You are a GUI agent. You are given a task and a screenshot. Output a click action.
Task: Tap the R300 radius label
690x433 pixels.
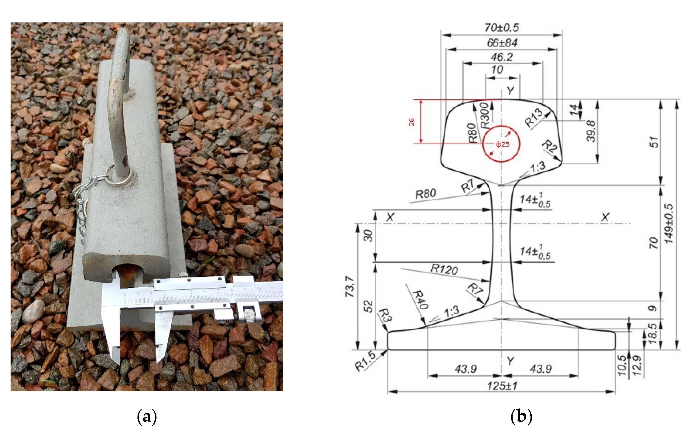485,115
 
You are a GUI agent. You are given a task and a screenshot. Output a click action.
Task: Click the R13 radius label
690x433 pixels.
534,118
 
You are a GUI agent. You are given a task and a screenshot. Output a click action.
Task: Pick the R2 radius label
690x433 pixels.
550,147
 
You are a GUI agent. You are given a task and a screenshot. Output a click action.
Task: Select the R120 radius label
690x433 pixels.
444,269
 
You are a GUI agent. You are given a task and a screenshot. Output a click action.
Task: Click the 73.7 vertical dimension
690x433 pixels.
350,286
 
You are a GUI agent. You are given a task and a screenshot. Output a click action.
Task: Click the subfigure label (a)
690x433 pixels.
147,417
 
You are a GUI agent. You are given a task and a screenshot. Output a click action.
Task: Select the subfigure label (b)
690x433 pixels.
521,417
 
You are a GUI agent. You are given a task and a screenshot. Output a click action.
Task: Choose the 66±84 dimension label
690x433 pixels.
502,43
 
